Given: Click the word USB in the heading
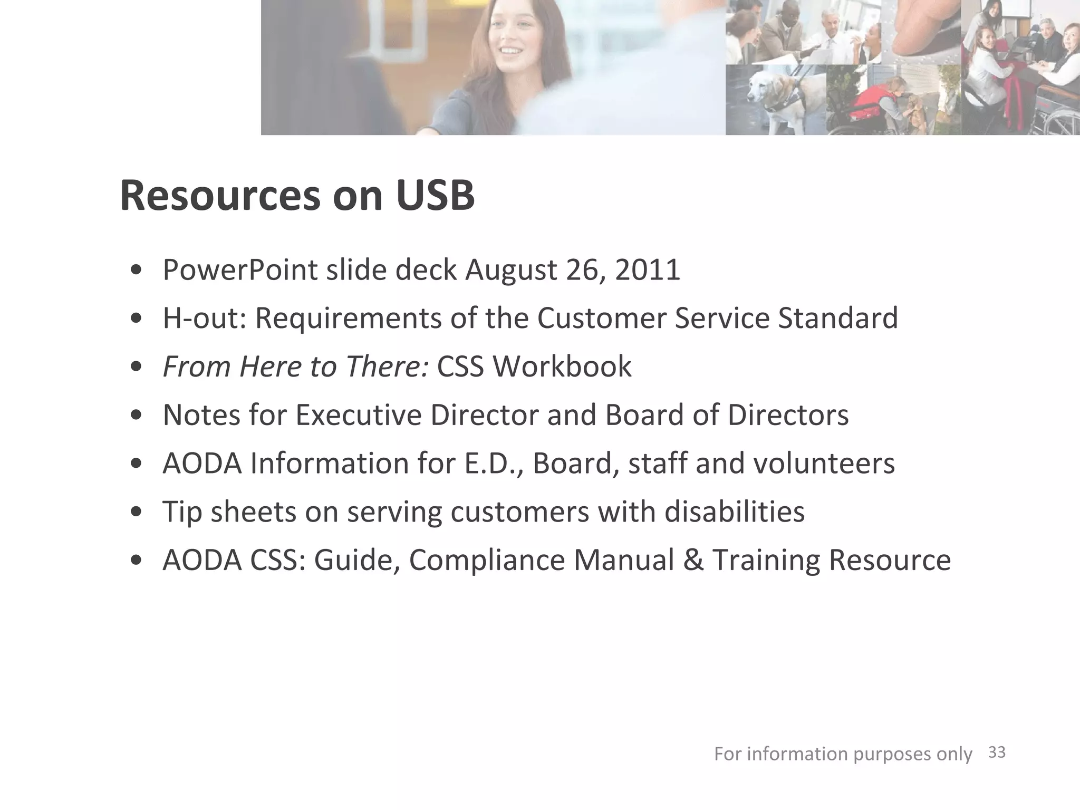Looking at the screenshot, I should pyautogui.click(x=435, y=196).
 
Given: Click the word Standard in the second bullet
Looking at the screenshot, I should pyautogui.click(x=838, y=318).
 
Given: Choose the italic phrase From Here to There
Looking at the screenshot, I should pyautogui.click(x=295, y=367).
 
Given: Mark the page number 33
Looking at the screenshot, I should pyautogui.click(x=996, y=753).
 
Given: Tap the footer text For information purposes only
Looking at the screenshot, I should pyautogui.click(x=842, y=754).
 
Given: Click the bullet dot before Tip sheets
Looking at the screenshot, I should pyautogui.click(x=137, y=512).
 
